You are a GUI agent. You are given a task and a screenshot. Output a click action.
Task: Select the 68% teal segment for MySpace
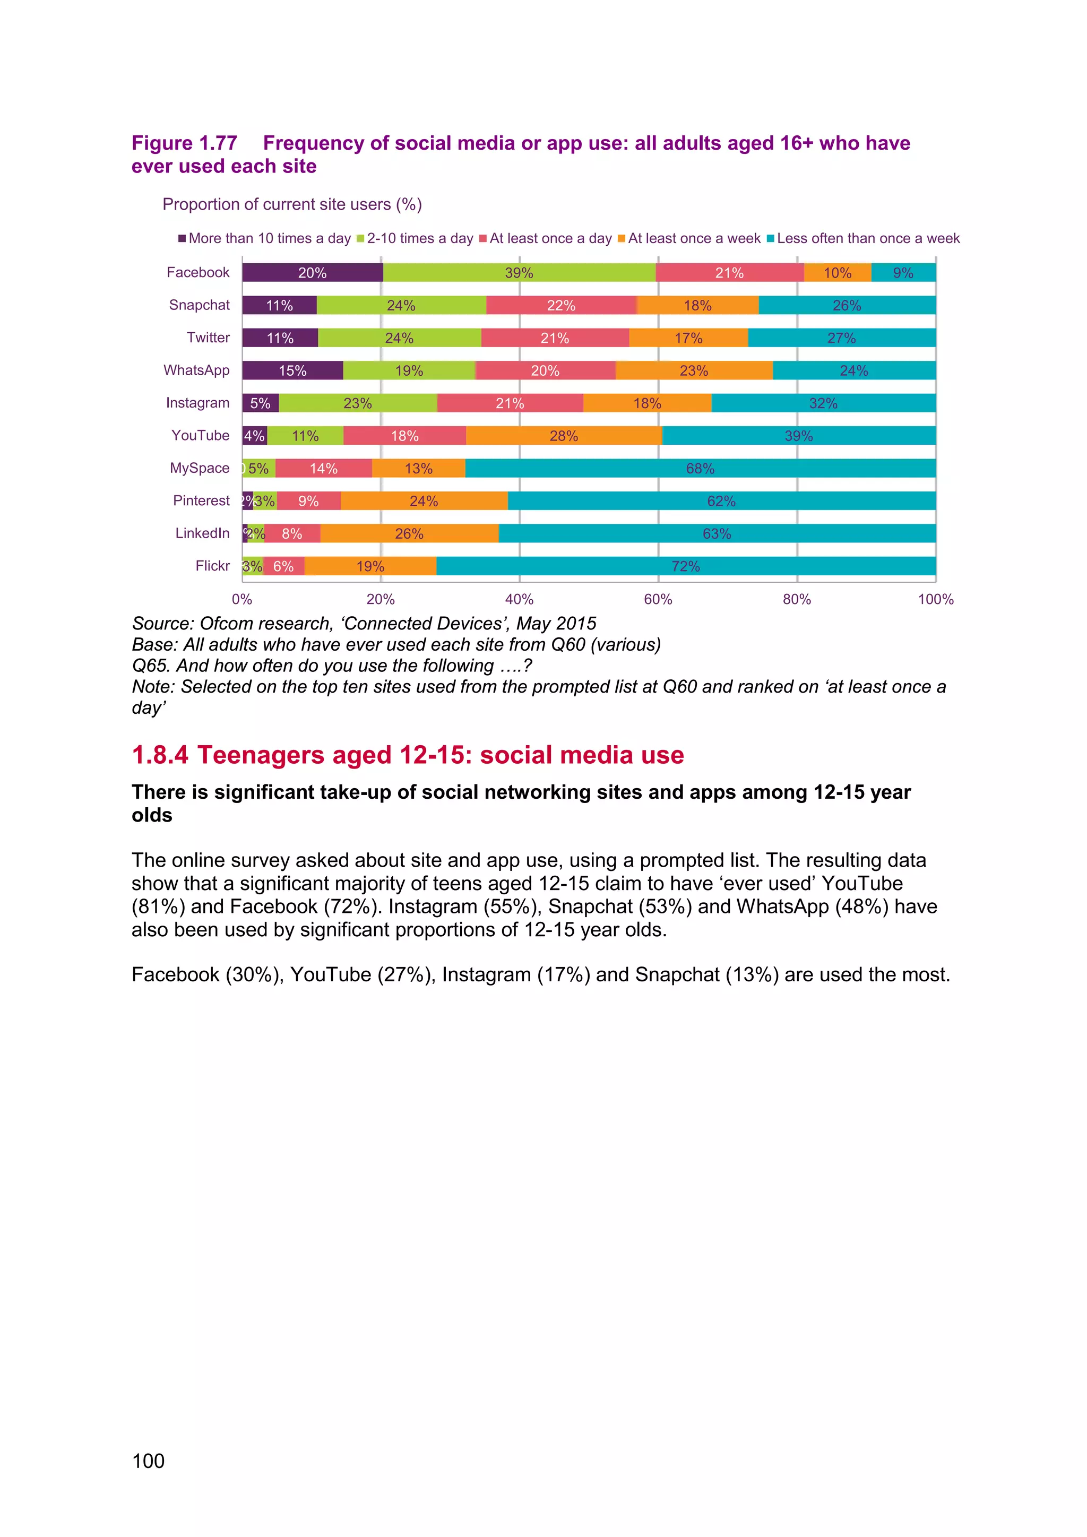[700, 468]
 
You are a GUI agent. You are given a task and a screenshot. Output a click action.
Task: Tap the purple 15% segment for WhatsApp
[292, 370]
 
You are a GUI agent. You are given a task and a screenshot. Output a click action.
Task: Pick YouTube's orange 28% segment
[564, 436]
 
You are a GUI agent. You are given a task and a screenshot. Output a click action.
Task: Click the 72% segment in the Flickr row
[685, 566]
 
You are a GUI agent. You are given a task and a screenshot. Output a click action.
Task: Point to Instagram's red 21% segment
[510, 403]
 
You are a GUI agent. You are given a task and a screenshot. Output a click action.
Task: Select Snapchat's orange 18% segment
[697, 305]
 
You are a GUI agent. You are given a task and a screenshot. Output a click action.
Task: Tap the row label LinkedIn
[202, 533]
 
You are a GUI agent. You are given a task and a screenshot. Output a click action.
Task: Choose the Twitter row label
[208, 338]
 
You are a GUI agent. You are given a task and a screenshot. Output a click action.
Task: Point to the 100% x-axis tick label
[935, 599]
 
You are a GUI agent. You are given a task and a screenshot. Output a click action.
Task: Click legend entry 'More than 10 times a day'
[269, 238]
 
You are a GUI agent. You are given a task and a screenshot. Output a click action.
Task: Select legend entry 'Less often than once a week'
[867, 238]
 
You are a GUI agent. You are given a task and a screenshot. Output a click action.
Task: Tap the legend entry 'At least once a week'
[693, 238]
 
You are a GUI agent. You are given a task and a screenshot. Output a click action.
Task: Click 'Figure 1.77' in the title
[184, 143]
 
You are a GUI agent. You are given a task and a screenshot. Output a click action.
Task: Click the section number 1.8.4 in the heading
[160, 755]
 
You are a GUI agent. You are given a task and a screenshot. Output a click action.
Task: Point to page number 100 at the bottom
[148, 1461]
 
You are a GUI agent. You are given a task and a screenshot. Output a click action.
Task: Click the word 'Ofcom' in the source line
[226, 624]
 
